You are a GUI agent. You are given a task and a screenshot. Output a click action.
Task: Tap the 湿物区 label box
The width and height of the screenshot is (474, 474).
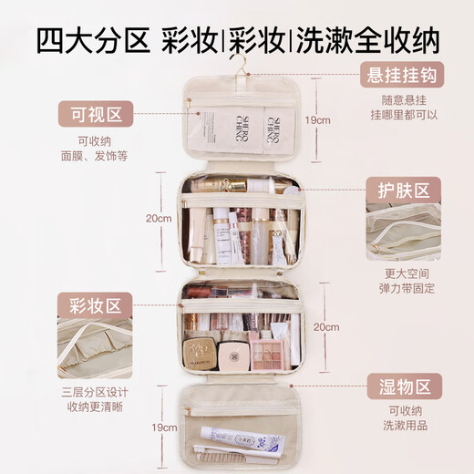click(403, 386)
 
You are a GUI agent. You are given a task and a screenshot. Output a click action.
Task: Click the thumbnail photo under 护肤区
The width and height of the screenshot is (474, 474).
click(403, 234)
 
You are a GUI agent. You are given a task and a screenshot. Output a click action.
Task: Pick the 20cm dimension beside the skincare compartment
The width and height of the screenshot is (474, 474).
click(158, 219)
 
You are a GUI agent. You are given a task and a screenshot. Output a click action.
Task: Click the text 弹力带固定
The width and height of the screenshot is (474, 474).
click(403, 288)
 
